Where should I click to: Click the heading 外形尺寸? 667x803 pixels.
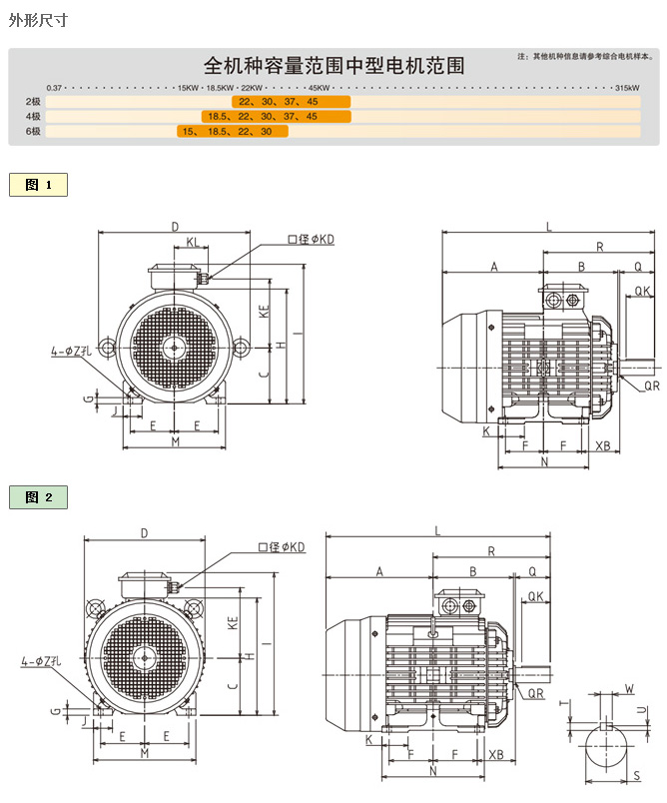point(38,19)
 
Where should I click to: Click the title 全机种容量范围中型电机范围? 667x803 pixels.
point(333,66)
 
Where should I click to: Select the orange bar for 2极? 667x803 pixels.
point(292,102)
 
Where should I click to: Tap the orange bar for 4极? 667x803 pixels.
point(276,117)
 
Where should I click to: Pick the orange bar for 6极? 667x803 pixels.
point(233,132)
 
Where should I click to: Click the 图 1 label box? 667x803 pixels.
point(39,185)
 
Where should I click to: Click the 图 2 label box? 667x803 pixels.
point(39,497)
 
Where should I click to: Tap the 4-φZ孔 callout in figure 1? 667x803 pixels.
point(71,352)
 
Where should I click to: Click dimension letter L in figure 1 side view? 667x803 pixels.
point(548,227)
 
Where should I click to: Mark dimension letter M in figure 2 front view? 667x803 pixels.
point(144,753)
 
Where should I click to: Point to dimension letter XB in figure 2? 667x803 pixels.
point(496,755)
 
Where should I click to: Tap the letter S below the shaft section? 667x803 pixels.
point(636,774)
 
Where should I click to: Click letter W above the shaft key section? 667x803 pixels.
point(628,688)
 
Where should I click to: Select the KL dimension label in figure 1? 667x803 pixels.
point(191,242)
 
